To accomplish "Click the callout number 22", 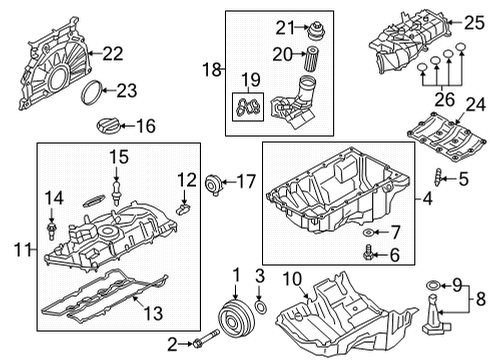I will tap(112, 53).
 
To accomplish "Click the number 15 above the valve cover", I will tap(119, 157).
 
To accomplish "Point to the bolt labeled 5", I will tap(436, 181).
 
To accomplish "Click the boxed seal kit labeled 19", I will tap(249, 105).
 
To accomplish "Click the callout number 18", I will tap(210, 68).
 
